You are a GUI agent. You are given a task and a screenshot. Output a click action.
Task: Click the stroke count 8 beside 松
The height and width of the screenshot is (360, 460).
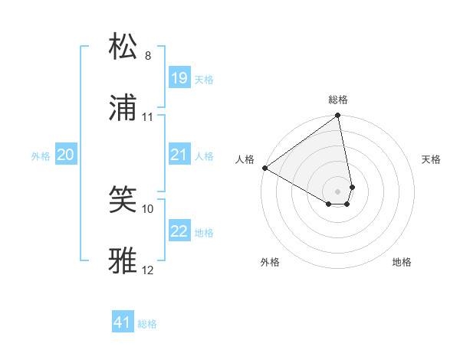[148, 55]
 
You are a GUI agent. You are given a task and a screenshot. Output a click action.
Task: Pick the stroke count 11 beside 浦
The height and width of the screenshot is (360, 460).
[148, 117]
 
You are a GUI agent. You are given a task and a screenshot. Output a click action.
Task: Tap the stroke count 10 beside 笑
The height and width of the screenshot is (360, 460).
[148, 208]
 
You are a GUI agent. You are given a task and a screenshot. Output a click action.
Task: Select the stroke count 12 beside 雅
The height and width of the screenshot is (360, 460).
[148, 270]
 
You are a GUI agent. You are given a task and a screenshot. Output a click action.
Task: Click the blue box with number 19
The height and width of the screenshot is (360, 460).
[179, 77]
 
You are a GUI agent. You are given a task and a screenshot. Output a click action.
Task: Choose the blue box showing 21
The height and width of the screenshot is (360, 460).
[179, 155]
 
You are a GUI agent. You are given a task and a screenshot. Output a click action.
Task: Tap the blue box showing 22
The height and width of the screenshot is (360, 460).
[179, 231]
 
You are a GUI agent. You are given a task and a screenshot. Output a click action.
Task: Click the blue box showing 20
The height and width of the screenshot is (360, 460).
[65, 155]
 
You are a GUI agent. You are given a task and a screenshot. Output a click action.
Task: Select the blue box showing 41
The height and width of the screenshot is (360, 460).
[123, 322]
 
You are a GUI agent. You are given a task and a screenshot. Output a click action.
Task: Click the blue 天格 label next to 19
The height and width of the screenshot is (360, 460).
[203, 79]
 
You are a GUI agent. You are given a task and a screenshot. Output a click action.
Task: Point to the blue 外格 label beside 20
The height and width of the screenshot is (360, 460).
[41, 156]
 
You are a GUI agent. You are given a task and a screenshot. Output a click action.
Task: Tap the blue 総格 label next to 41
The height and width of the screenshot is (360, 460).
[147, 324]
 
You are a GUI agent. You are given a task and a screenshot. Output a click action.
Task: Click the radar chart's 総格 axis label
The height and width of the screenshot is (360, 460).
[338, 100]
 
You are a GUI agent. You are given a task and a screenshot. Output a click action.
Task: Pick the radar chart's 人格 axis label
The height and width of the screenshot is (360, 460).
[245, 159]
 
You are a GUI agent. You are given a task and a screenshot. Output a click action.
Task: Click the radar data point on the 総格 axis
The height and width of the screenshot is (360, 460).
[338, 116]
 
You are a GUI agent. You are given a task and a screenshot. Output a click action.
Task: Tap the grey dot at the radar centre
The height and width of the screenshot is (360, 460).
[338, 191]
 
